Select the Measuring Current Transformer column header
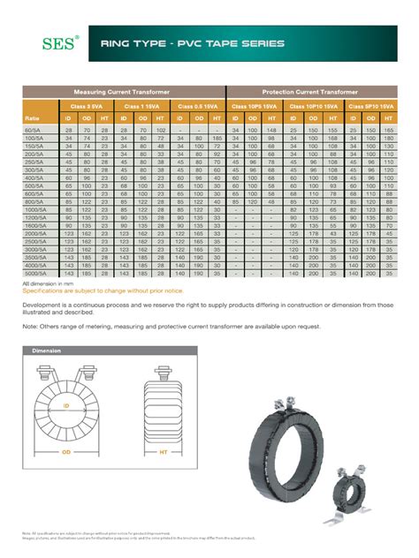coord(123,92)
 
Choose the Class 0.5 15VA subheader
coord(197,105)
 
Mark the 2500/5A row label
coord(34,240)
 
